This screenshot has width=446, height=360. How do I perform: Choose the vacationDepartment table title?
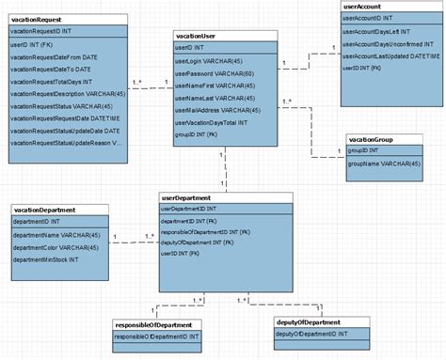(46, 209)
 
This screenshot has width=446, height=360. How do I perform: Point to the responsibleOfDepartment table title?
(157, 324)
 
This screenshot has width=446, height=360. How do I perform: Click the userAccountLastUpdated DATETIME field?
(390, 56)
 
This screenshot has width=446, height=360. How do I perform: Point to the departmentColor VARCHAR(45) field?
(57, 247)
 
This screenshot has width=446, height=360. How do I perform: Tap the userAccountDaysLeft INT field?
(378, 31)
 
